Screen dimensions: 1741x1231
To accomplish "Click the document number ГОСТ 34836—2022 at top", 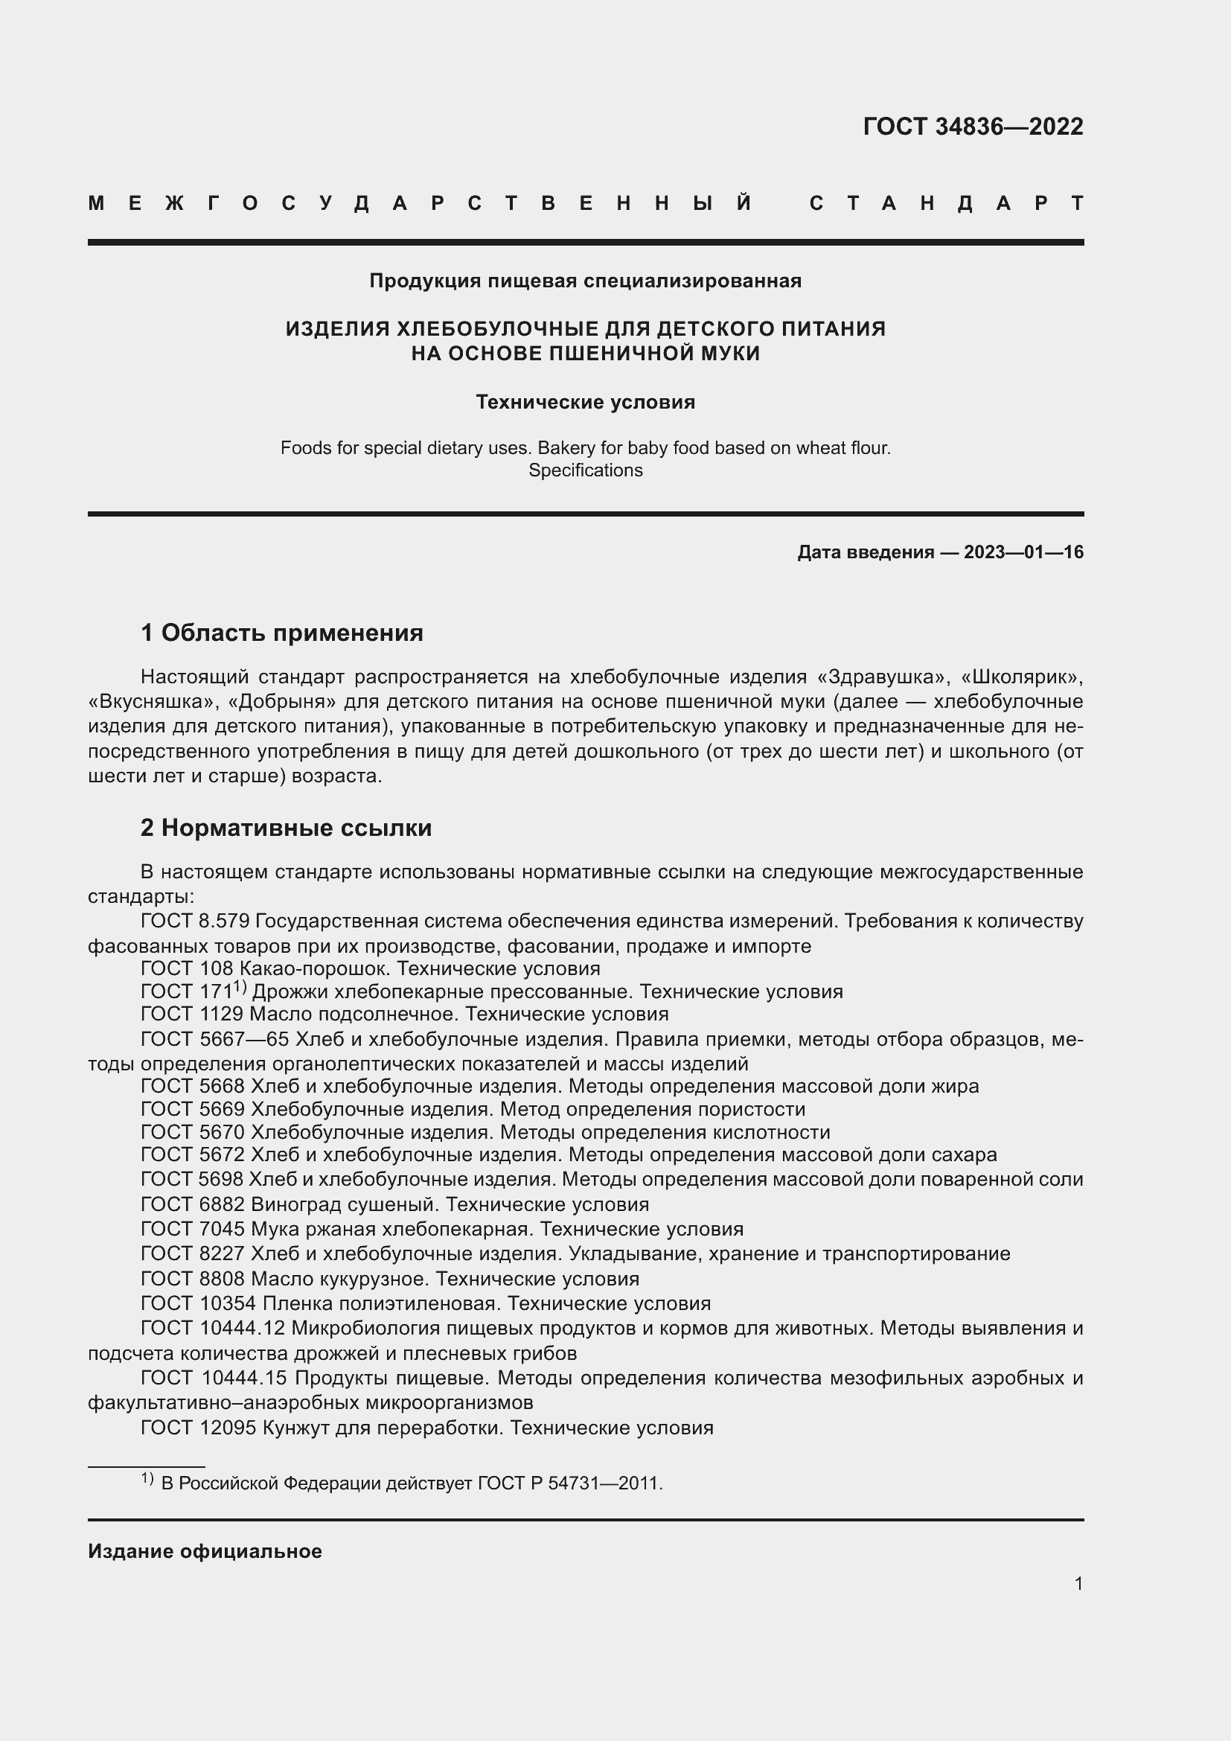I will (x=973, y=127).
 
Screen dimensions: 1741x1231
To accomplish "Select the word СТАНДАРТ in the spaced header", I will (x=946, y=203).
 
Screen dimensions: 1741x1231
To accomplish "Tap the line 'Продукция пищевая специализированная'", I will (x=585, y=281).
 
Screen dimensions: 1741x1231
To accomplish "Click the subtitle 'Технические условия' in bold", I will (x=585, y=402).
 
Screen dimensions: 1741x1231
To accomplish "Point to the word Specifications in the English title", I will (x=585, y=470).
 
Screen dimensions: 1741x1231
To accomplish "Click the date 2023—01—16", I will (x=1023, y=552).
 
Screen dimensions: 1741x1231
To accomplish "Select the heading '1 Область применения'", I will (x=282, y=633).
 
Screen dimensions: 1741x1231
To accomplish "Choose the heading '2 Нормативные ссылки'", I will (x=286, y=827).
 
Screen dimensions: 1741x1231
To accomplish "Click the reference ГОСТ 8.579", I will (x=195, y=921).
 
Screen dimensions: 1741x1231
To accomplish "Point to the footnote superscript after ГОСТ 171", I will (x=240, y=986).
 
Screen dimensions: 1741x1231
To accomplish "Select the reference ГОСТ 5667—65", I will (x=208, y=1039).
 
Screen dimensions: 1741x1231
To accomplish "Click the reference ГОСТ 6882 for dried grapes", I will (x=193, y=1204).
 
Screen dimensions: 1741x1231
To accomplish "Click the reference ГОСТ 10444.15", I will (x=214, y=1378).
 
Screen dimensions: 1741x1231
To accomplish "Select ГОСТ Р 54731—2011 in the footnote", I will (x=569, y=1483).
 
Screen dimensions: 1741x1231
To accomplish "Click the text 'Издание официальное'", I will (x=205, y=1551).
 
